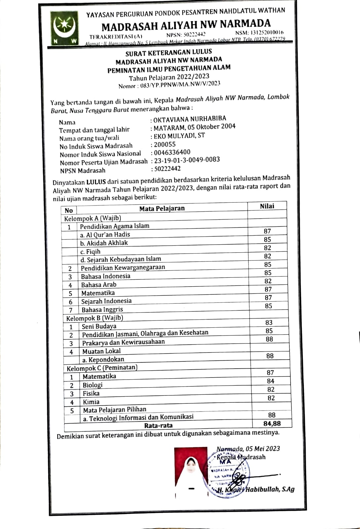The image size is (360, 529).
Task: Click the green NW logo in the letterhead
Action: (x=65, y=28)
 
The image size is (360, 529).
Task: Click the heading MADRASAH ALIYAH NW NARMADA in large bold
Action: (x=186, y=25)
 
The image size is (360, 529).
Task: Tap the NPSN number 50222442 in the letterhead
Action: (x=186, y=34)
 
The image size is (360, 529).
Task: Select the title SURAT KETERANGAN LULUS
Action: (x=169, y=52)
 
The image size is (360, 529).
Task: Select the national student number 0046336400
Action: (x=172, y=152)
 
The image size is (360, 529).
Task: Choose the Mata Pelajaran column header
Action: (x=162, y=208)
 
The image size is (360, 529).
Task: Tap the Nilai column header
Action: (x=267, y=206)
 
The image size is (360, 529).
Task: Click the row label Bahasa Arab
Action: (x=99, y=285)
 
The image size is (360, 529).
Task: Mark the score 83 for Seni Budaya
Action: (x=269, y=322)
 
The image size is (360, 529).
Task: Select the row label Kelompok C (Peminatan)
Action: (x=102, y=368)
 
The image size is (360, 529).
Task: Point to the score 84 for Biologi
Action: (x=270, y=381)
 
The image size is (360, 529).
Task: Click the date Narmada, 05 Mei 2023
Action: (x=248, y=449)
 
